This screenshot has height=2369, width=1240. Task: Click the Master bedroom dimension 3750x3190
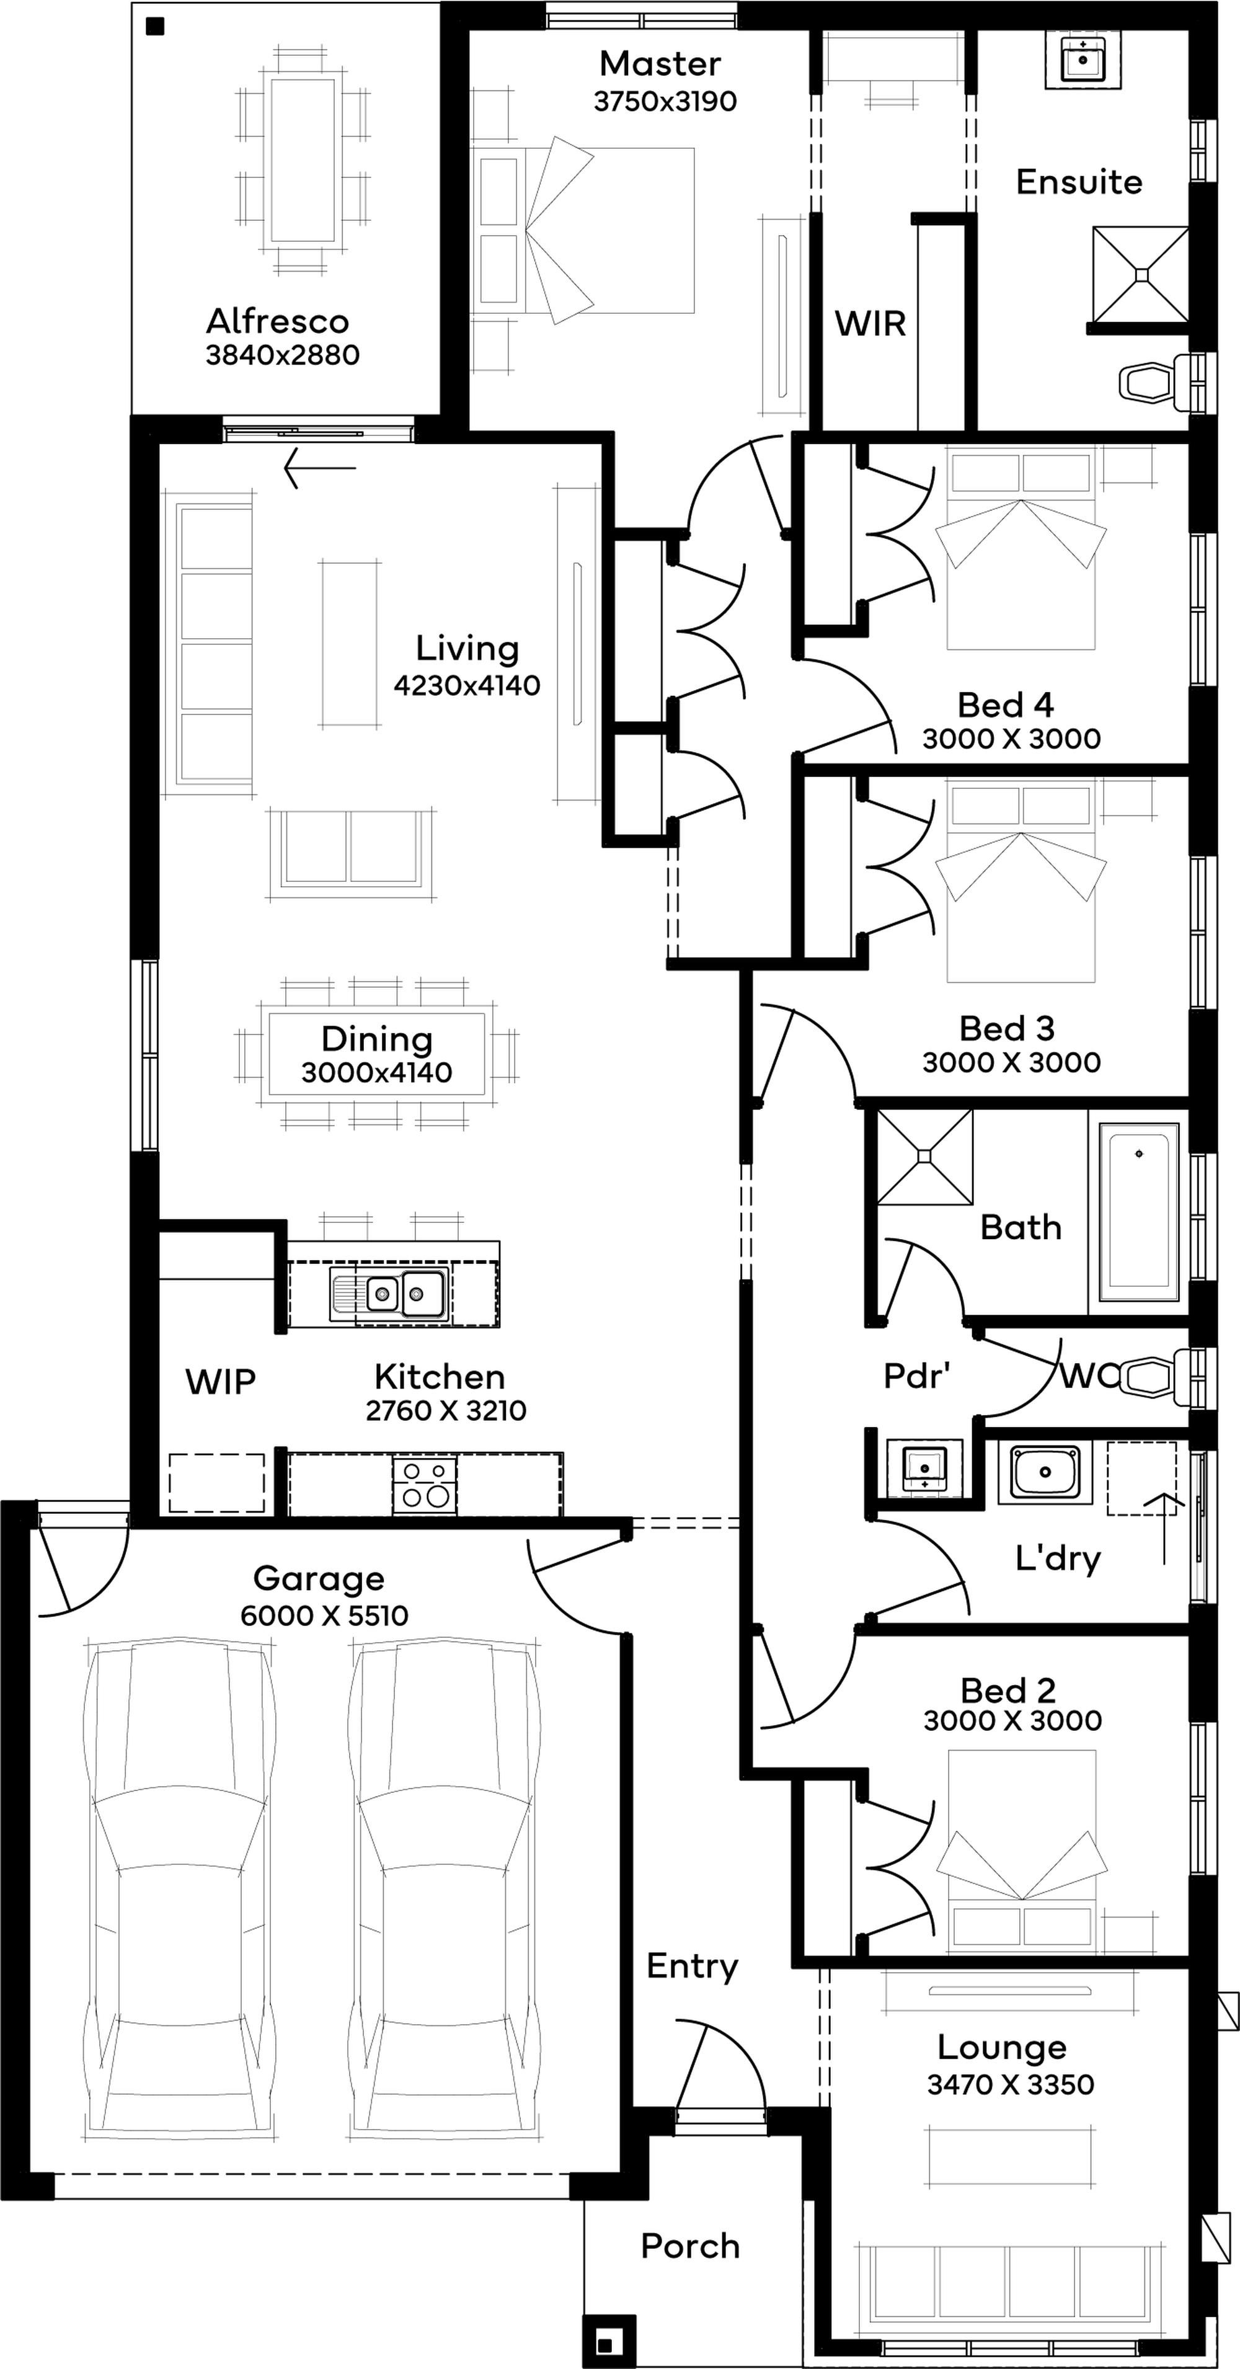(665, 101)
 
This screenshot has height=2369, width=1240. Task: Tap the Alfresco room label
(278, 321)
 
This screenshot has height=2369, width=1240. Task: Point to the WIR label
(870, 324)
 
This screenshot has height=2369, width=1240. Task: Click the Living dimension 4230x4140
(467, 685)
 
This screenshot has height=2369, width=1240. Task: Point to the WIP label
(221, 1381)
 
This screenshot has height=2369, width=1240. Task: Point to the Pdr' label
(916, 1376)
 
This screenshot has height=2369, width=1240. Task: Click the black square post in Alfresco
(154, 27)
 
